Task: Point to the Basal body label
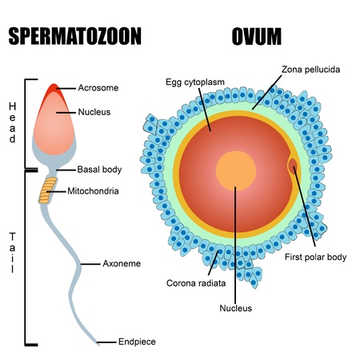click(99, 170)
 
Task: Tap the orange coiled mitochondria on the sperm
click(50, 192)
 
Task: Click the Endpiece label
click(137, 342)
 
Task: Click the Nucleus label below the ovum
click(236, 308)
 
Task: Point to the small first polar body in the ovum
click(293, 166)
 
